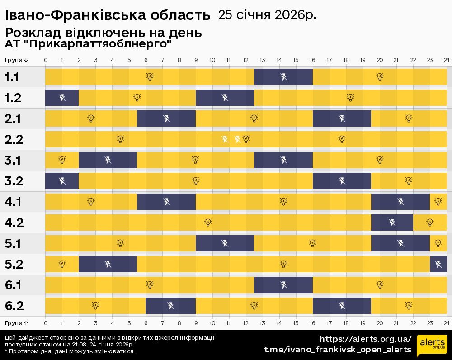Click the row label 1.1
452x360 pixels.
point(12,77)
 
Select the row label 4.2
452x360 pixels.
point(14,223)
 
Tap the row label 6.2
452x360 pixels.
point(14,306)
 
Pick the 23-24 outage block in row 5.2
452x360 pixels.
point(438,264)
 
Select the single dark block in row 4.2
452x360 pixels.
point(392,223)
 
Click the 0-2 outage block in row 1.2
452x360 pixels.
point(62,98)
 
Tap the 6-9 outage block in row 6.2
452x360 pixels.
point(170,306)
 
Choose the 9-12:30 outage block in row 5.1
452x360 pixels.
point(225,243)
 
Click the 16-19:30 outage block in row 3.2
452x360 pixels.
point(342,181)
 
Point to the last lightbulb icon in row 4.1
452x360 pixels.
point(438,201)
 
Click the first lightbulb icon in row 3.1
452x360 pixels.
point(62,160)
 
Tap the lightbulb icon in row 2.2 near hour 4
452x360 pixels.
point(120,139)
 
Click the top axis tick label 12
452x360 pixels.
point(245,60)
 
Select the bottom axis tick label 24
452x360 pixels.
point(446,323)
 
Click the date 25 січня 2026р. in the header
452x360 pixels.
point(267,15)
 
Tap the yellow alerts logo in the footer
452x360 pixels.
point(432,346)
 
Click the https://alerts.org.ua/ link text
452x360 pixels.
point(365,339)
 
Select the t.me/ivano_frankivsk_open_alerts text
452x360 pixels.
point(338,350)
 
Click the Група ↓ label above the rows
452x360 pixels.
point(17,60)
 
